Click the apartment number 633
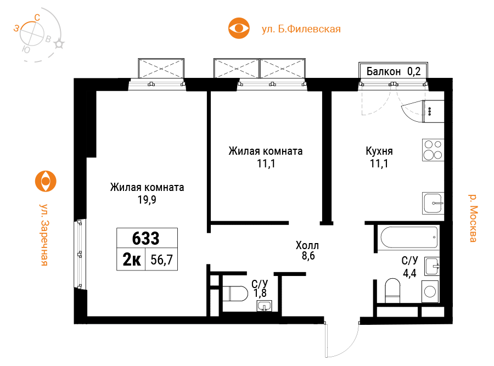(x=146, y=239)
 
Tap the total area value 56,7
(x=161, y=260)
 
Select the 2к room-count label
(x=132, y=260)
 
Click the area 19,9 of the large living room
(x=147, y=200)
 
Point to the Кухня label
(x=379, y=151)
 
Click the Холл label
(x=307, y=245)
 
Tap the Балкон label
(x=384, y=71)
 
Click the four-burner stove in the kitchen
(x=433, y=150)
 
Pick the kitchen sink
(x=433, y=203)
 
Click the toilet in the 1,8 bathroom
(x=235, y=294)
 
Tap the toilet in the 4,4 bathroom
(x=392, y=290)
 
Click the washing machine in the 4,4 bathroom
(x=430, y=291)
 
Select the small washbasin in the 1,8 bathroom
(x=265, y=306)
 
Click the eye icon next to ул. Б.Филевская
(x=239, y=28)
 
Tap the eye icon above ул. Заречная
(x=46, y=181)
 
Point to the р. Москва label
(x=473, y=218)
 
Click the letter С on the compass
(x=37, y=18)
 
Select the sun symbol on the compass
(x=59, y=44)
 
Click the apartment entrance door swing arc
(x=350, y=346)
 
